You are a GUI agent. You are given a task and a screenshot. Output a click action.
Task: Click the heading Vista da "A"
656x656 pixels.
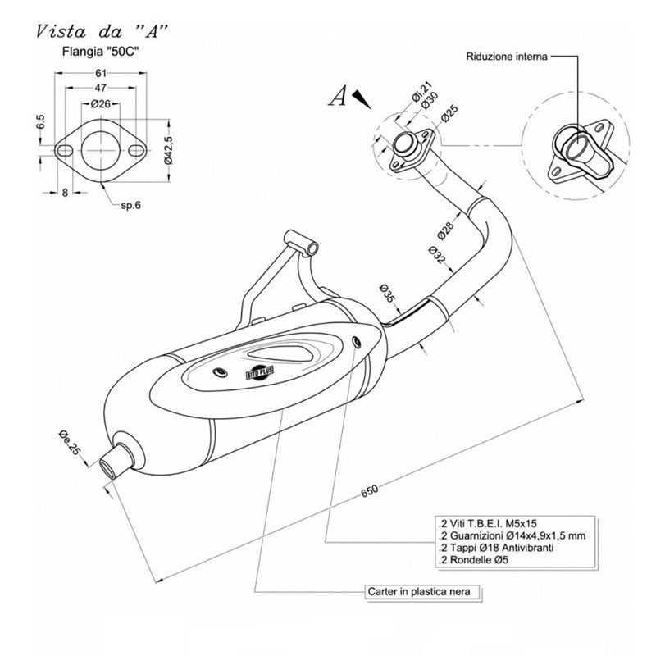coord(102,33)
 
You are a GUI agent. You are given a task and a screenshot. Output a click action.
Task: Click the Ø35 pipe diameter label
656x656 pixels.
coord(388,292)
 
